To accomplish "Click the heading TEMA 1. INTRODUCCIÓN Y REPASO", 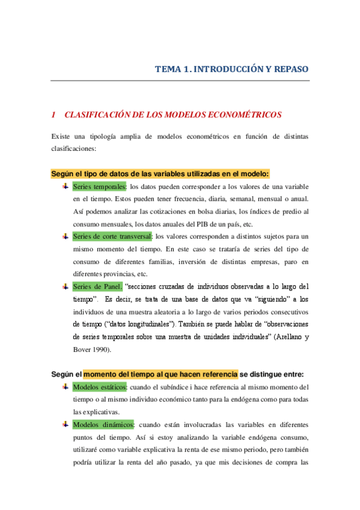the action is pos(232,69).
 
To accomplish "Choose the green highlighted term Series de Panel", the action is pos(97,286).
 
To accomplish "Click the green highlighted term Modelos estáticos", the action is pos(99,387).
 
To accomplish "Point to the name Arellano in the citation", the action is pos(287,337).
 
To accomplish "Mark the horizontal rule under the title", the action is pos(180,80).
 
